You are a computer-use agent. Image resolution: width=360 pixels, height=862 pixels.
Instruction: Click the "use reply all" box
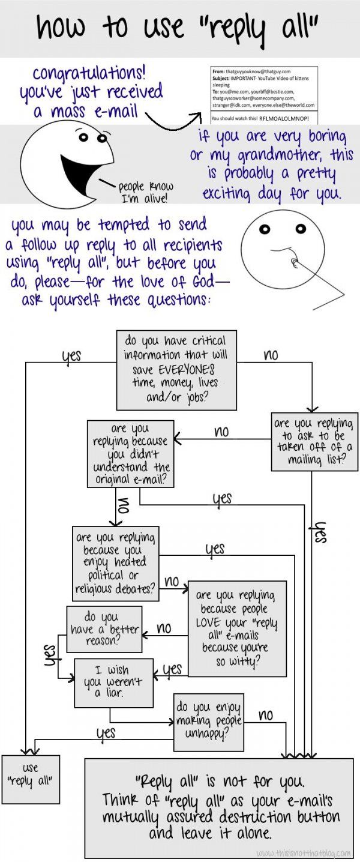(31, 779)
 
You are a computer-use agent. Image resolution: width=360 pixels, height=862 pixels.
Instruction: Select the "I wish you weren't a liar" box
(113, 683)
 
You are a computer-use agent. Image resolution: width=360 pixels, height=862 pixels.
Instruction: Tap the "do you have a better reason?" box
(104, 629)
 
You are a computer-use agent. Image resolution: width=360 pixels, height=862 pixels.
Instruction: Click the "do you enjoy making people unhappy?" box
(208, 722)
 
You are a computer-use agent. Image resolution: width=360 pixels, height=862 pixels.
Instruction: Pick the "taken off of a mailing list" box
(313, 442)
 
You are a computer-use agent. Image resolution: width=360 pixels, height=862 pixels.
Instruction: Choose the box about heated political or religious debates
(115, 564)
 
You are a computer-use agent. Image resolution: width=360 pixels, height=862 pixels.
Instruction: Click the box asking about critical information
(176, 370)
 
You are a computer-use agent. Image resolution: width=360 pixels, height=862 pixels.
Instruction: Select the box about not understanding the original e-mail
(130, 454)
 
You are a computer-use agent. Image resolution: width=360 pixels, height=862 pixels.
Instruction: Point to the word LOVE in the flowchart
(208, 622)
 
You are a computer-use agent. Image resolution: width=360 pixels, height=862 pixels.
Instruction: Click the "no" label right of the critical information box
(271, 355)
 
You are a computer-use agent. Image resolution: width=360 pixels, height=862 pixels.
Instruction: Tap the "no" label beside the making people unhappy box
(266, 716)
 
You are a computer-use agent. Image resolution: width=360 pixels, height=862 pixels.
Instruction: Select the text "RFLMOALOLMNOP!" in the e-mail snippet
(284, 118)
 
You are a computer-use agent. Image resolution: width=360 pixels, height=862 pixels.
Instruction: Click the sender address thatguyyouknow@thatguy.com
(258, 71)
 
